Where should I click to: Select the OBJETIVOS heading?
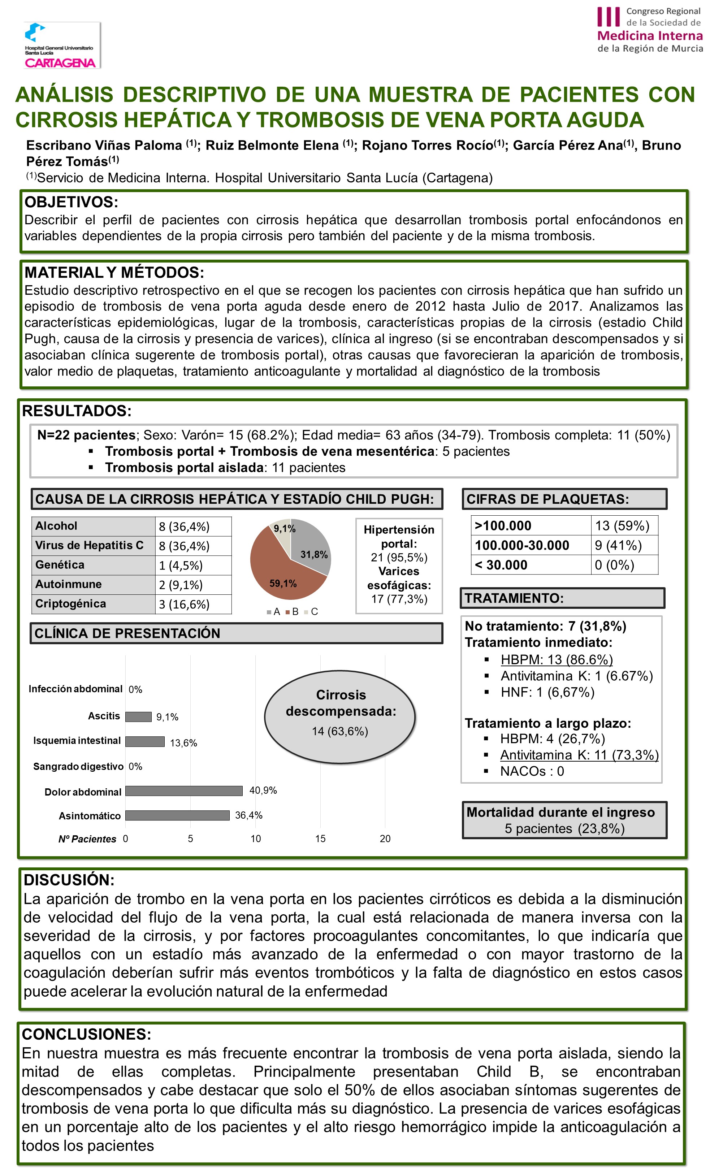click(72, 202)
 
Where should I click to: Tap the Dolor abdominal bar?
click(184, 791)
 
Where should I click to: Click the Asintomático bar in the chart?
click(177, 815)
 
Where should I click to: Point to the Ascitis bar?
click(138, 716)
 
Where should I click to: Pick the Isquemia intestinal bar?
click(145, 741)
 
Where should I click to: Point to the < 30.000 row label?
click(501, 565)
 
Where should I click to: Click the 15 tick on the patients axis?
click(320, 839)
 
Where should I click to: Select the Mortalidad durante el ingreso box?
click(564, 820)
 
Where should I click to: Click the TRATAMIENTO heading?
click(515, 598)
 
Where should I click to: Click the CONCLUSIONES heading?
click(87, 1034)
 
